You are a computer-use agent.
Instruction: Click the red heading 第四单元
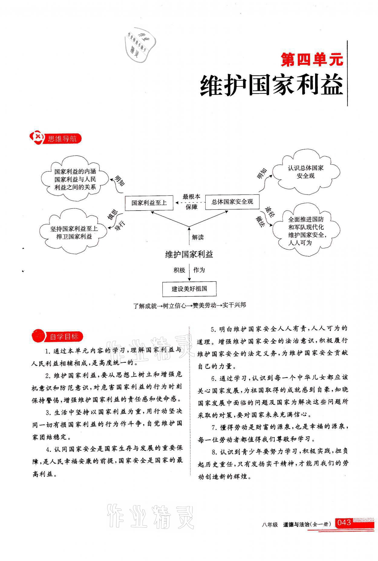[312, 60]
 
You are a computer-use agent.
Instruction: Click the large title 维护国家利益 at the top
[272, 86]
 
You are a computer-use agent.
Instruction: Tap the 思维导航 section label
[62, 139]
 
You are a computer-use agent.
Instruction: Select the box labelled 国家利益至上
[149, 203]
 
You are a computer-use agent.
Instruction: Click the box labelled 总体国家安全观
[232, 202]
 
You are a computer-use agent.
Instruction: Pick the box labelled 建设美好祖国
[189, 289]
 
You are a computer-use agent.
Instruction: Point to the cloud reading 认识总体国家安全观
[305, 172]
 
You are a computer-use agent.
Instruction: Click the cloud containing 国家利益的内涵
[75, 179]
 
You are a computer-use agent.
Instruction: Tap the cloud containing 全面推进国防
[306, 231]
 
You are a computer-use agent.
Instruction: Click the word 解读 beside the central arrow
[198, 237]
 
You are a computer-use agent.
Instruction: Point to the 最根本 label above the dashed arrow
[191, 196]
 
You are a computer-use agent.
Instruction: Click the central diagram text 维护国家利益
[189, 254]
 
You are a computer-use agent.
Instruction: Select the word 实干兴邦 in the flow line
[234, 305]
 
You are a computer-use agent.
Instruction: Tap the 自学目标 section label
[64, 336]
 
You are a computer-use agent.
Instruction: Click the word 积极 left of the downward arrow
[179, 270]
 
